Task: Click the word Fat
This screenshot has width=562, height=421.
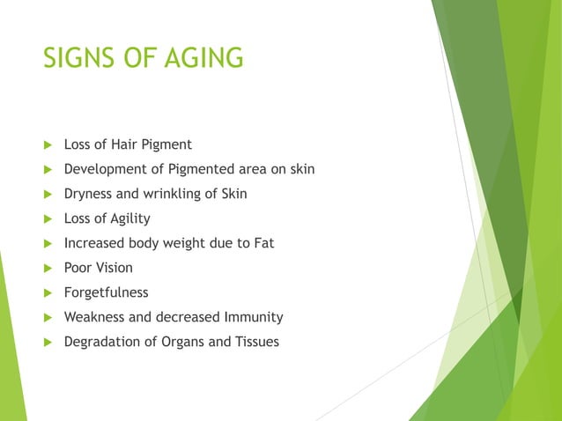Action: tap(263, 243)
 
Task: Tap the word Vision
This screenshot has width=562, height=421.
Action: tap(115, 268)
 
